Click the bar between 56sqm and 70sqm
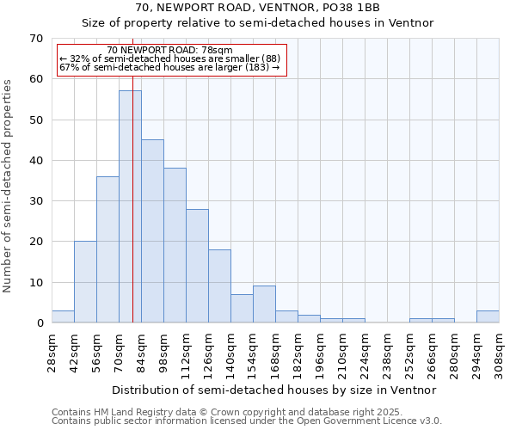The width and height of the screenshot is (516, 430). tap(107, 249)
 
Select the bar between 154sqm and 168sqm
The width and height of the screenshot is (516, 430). tap(264, 304)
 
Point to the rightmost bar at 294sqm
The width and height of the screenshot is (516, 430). tap(488, 316)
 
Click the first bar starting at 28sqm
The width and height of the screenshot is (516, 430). tap(63, 316)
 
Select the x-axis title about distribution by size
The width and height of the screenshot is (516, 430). tap(275, 390)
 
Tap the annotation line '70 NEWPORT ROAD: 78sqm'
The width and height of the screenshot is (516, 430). tap(170, 51)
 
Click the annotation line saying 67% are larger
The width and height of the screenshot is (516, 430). tap(170, 68)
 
